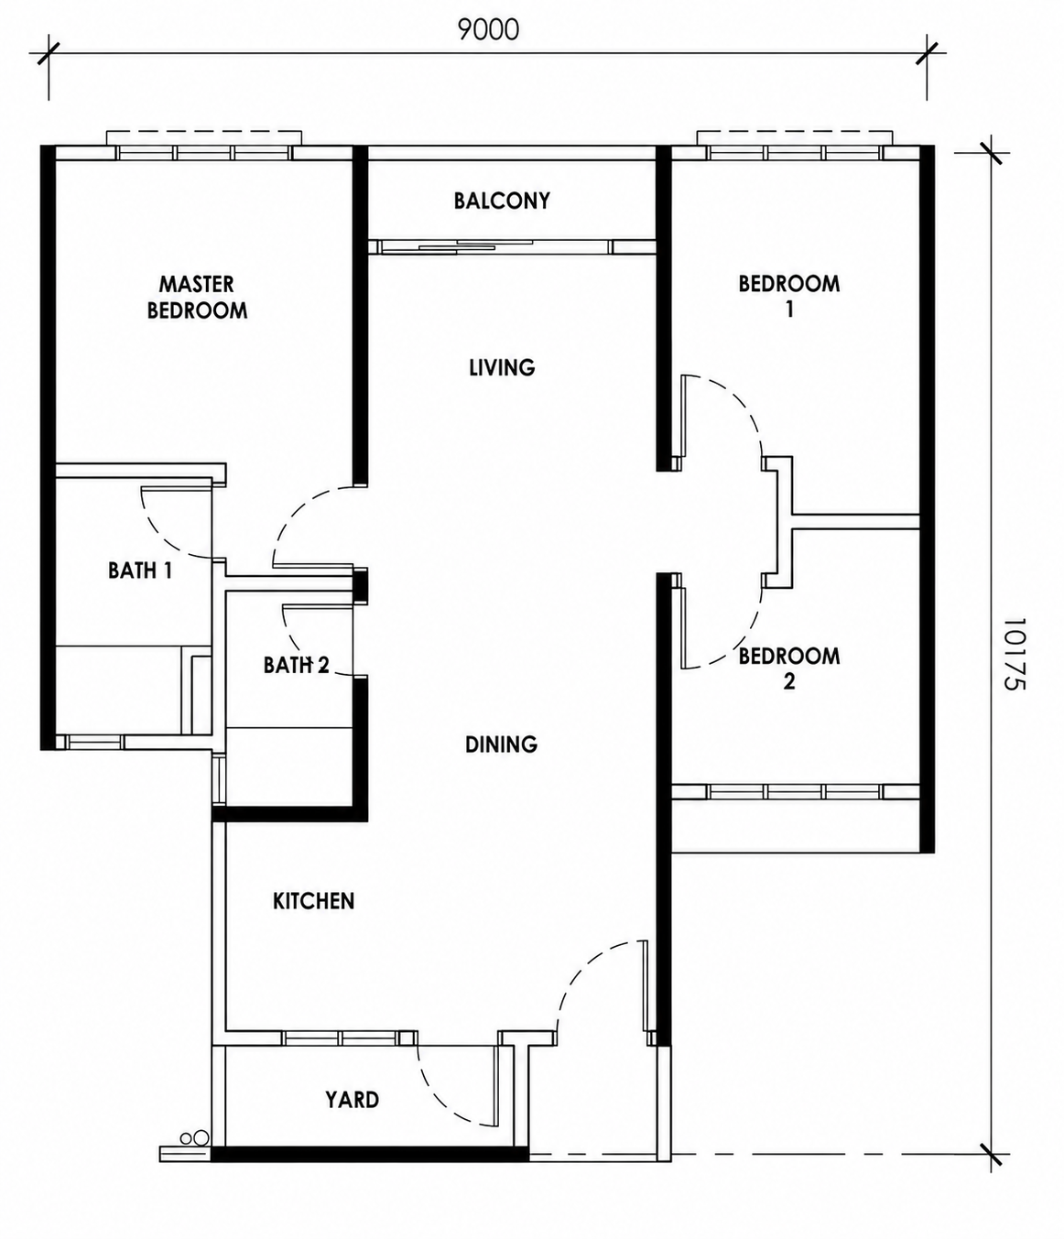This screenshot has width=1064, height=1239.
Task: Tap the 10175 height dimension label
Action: click(x=1014, y=654)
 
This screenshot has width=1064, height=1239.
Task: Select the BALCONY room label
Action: click(x=502, y=201)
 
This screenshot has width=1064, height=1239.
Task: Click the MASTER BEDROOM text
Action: click(x=197, y=298)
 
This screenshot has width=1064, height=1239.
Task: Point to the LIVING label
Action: click(x=502, y=367)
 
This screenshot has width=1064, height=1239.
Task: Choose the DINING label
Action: click(x=501, y=744)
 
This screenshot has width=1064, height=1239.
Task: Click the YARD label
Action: click(x=352, y=1100)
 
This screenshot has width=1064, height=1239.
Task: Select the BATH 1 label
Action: click(x=140, y=571)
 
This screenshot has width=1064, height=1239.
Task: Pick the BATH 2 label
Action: click(x=296, y=665)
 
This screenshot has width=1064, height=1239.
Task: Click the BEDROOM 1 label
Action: click(x=789, y=296)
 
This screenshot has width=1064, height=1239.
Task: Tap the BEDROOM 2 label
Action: click(x=789, y=669)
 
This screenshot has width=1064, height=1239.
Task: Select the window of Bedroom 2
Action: click(x=795, y=791)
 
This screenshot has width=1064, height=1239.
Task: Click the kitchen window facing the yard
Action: click(x=341, y=1038)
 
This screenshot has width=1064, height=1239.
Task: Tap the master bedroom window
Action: click(x=204, y=153)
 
